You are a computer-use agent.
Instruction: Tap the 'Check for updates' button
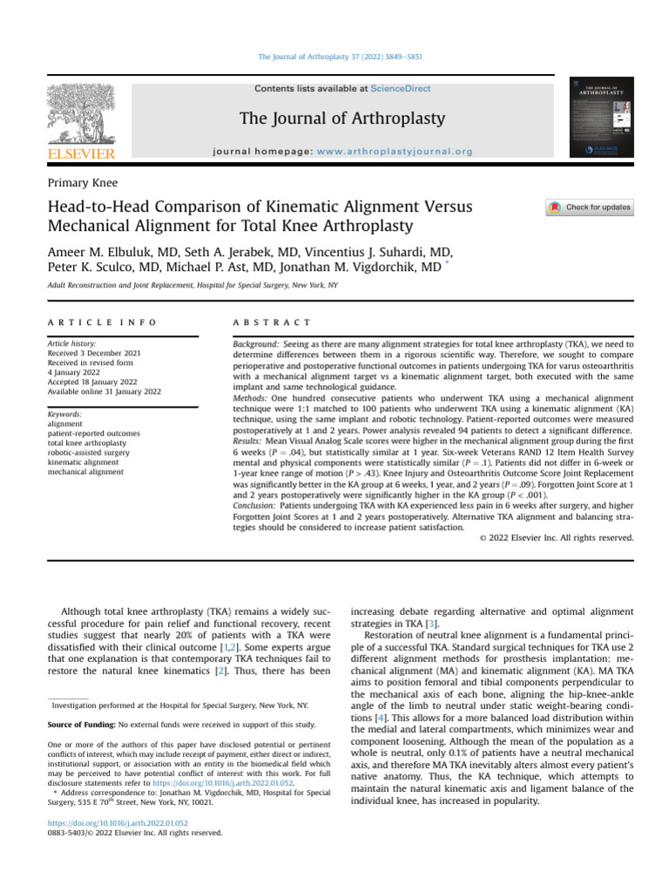click(x=590, y=207)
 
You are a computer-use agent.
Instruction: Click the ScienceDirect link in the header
click(x=396, y=89)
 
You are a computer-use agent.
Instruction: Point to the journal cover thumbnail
click(x=601, y=118)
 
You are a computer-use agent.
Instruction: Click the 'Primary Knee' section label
click(x=85, y=182)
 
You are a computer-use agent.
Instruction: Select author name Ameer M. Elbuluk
click(x=106, y=251)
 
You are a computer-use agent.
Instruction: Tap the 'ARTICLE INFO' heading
click(x=103, y=322)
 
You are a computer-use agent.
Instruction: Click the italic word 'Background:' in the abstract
click(x=257, y=345)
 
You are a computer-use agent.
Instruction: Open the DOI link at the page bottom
click(x=118, y=822)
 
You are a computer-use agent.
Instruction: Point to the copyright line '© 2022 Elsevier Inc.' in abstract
click(x=557, y=537)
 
